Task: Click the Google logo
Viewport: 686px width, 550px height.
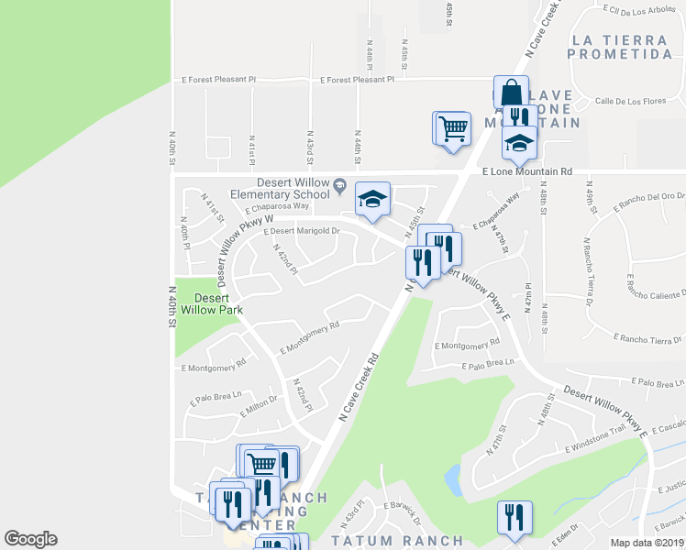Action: tap(30, 539)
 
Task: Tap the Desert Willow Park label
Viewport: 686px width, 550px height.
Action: tap(212, 303)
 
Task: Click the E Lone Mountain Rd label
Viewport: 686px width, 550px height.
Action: tap(526, 171)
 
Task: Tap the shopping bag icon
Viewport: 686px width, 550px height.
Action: tap(511, 93)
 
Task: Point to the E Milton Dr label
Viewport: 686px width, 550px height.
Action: tap(259, 407)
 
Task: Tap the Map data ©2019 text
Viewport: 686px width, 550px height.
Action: tap(646, 543)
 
